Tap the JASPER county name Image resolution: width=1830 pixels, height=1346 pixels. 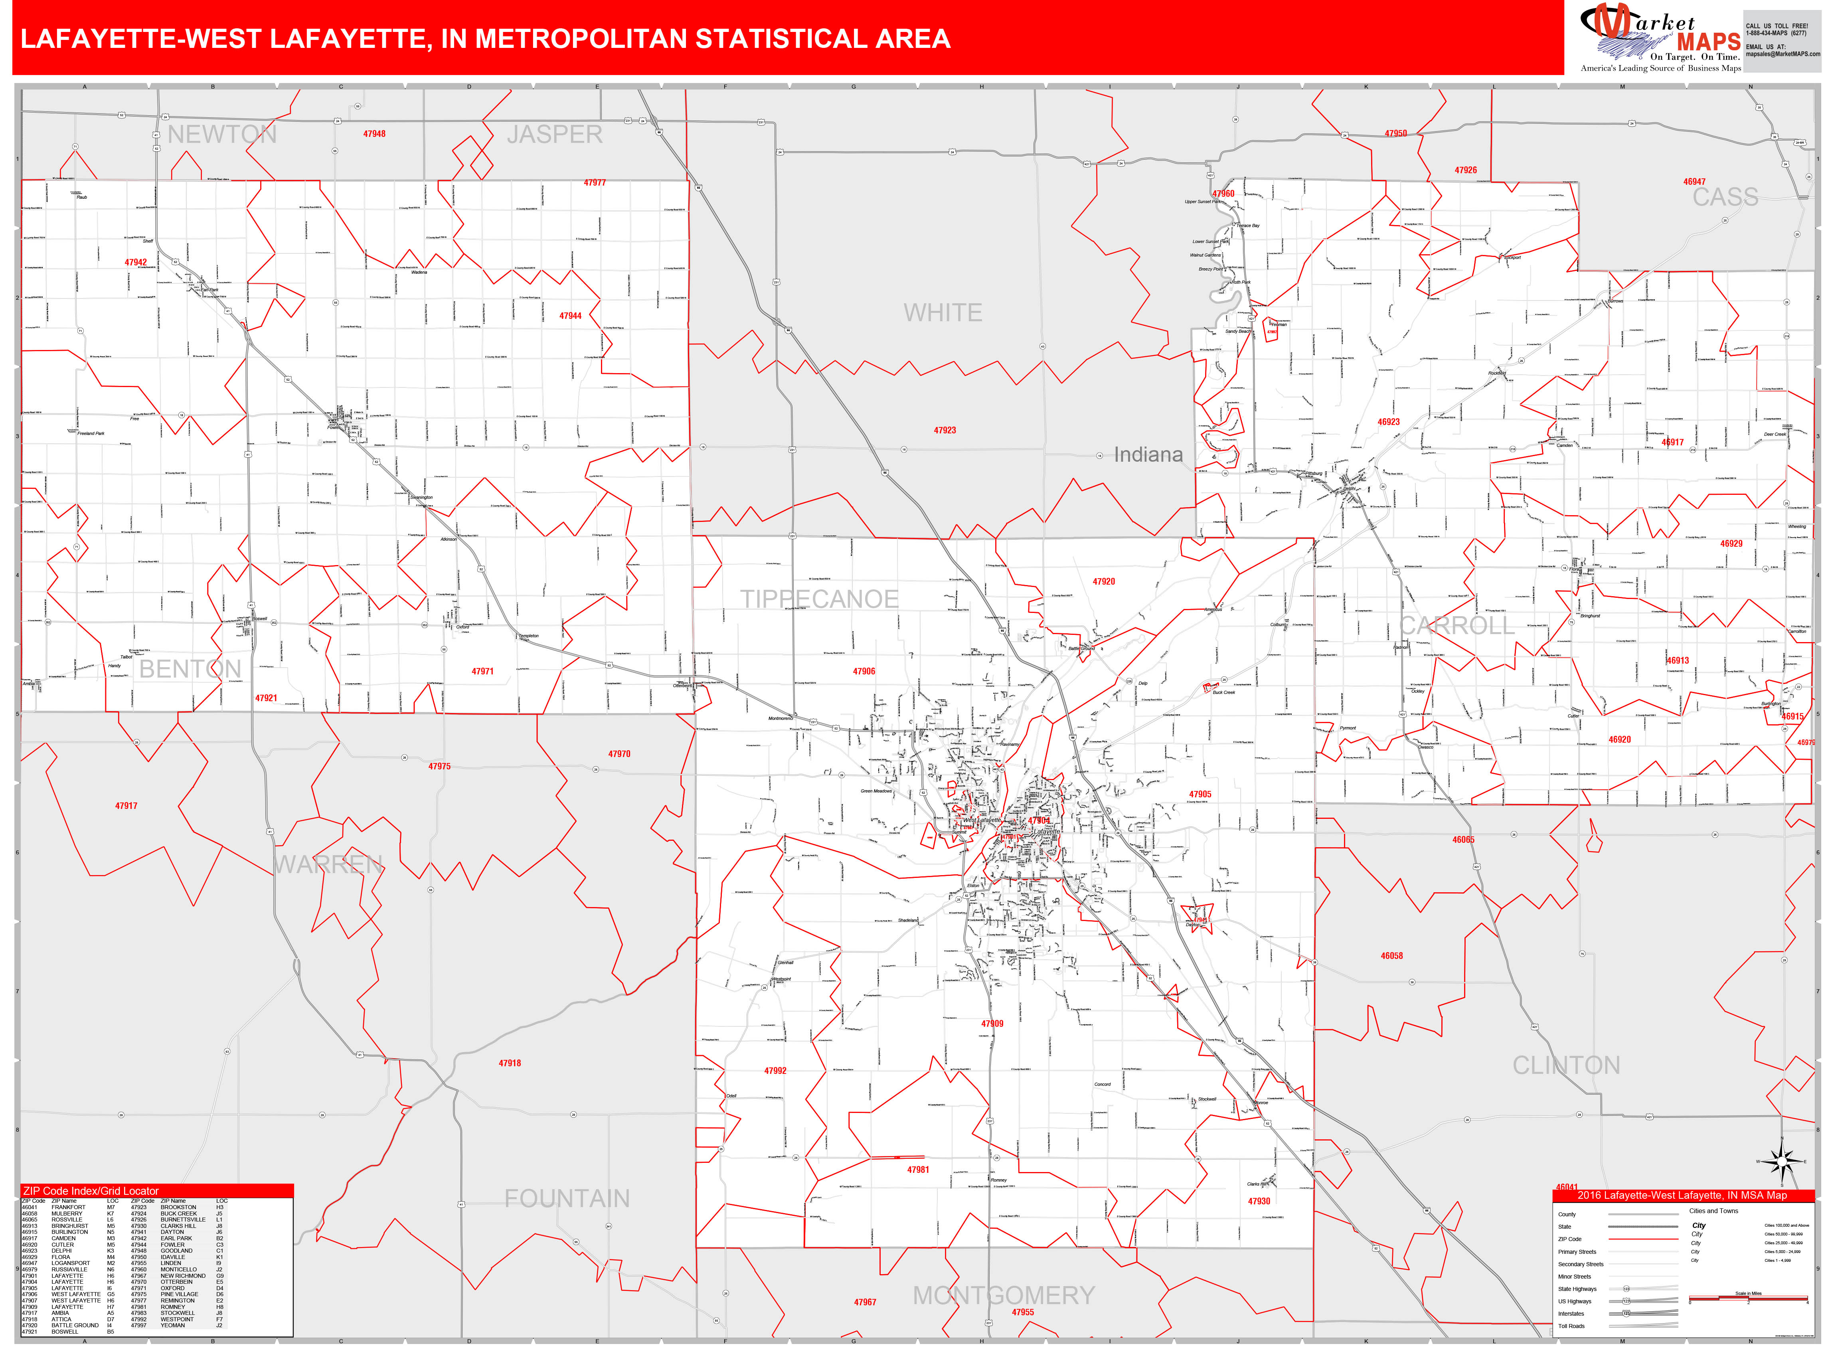point(555,134)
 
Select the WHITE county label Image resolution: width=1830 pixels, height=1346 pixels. point(943,313)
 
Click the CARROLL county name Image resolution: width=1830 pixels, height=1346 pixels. point(1457,626)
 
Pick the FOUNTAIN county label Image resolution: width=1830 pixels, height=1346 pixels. point(567,1198)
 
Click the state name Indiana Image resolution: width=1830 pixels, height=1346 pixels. point(1148,455)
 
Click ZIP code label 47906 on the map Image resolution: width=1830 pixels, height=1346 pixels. point(864,671)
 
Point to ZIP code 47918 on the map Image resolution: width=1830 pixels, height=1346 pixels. point(510,1063)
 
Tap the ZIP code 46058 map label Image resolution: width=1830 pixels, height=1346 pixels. point(1391,956)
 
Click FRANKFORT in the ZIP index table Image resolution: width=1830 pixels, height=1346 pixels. point(69,1208)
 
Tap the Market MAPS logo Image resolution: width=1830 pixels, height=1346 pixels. point(1658,37)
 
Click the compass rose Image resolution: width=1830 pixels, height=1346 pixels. point(1781,1161)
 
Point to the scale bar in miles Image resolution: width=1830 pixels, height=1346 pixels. point(1748,1297)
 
